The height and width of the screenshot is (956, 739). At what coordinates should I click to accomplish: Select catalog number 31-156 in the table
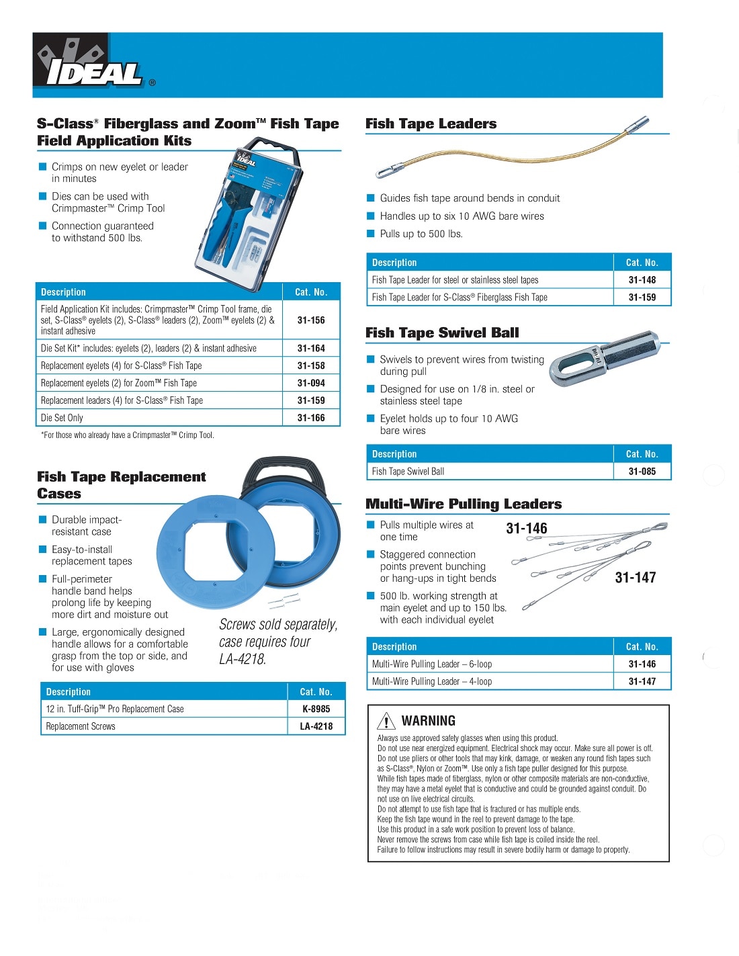point(311,320)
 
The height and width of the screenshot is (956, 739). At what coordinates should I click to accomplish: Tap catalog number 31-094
point(311,383)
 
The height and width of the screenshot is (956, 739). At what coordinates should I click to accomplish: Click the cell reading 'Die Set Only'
point(62,418)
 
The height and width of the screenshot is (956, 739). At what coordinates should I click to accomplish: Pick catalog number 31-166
point(311,418)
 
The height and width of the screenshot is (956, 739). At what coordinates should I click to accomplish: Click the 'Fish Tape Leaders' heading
point(431,124)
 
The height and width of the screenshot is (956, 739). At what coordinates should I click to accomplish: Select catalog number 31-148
point(642,280)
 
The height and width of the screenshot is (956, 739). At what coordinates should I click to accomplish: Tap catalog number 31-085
point(642,472)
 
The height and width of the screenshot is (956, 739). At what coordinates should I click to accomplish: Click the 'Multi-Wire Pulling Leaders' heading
point(464,504)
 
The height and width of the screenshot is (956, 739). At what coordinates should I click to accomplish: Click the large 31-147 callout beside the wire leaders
point(635,577)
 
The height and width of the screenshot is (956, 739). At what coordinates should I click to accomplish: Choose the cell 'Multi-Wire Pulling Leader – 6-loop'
point(432,664)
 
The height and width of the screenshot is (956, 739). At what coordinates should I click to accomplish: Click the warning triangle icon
point(386,721)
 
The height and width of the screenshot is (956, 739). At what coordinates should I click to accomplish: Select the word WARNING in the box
point(429,721)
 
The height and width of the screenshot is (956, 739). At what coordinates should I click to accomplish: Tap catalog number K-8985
point(316,709)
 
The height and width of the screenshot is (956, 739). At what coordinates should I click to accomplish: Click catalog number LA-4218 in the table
point(316,726)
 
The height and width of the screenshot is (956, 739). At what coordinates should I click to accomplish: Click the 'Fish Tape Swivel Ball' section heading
point(442,333)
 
